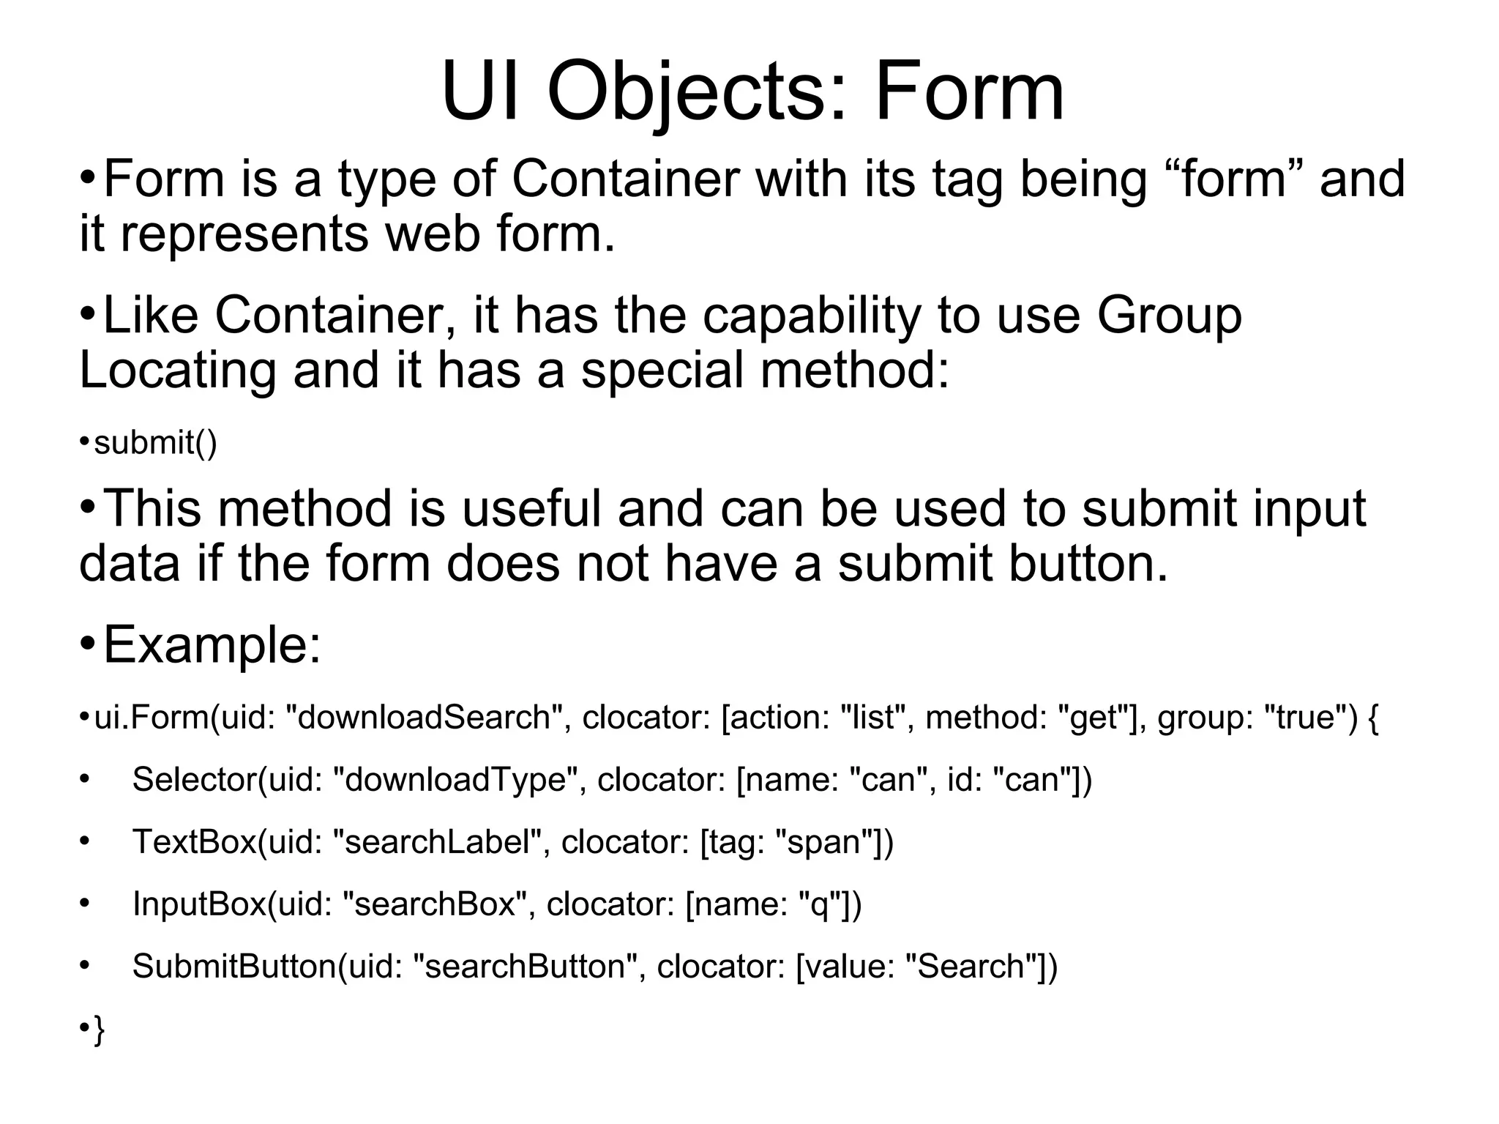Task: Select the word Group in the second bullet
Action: click(x=1169, y=316)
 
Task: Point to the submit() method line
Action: click(x=155, y=443)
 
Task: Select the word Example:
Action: click(x=212, y=645)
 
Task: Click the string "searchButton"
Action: click(x=530, y=967)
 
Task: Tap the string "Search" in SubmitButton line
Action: click(x=970, y=967)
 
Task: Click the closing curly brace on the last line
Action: click(x=99, y=1030)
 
